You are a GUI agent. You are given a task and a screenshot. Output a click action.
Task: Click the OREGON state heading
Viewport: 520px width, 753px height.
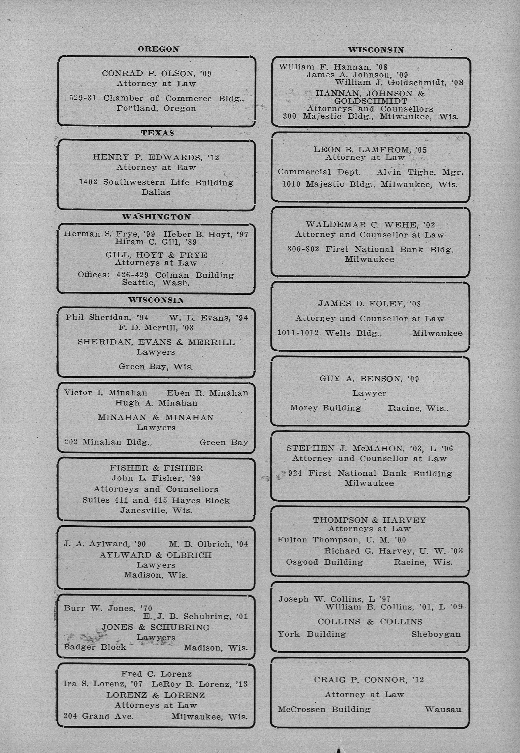[158, 49]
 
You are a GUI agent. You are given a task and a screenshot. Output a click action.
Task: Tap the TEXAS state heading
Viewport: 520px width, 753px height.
[157, 133]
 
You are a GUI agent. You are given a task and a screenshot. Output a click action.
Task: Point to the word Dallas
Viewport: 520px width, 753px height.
[156, 192]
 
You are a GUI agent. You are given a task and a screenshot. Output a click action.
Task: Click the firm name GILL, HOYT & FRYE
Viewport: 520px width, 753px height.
[156, 255]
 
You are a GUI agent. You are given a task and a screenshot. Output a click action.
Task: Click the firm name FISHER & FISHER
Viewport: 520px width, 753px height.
[156, 468]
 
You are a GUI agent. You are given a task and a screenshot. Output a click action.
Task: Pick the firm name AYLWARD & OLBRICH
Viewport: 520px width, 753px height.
[156, 555]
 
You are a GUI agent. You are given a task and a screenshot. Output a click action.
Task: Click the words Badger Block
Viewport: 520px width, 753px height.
[95, 647]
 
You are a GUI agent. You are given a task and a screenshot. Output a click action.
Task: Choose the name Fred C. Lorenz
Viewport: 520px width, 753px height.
[156, 674]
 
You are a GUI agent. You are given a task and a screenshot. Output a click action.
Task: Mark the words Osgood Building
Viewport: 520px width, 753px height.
[324, 562]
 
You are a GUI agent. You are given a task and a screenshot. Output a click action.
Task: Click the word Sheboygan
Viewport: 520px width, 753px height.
[436, 634]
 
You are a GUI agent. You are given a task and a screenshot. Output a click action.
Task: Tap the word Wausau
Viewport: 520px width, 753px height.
[443, 710]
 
